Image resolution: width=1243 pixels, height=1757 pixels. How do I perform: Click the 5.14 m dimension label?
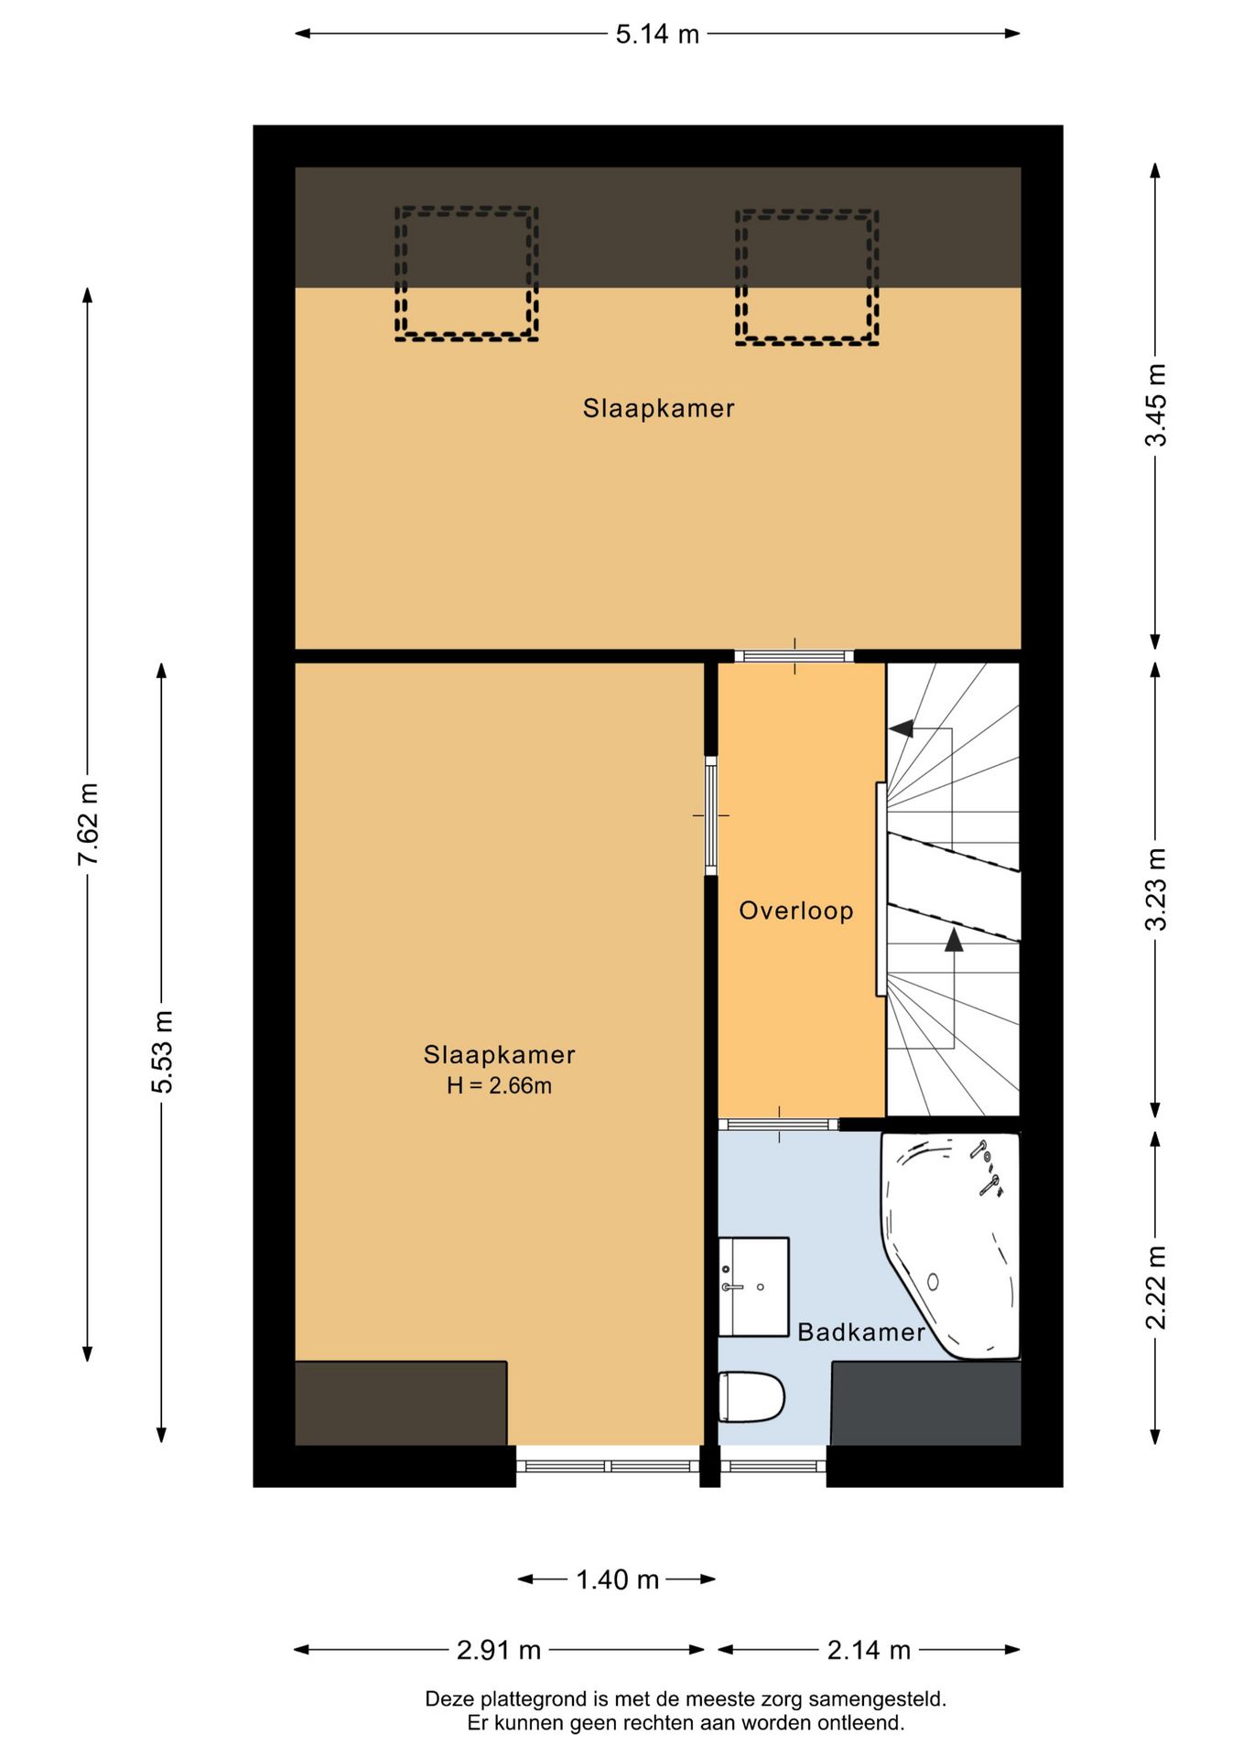[657, 35]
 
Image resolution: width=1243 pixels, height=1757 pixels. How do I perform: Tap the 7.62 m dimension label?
[89, 824]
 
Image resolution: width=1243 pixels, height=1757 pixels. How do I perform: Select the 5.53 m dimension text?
[162, 1051]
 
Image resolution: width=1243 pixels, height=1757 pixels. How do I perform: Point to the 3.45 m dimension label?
[1156, 404]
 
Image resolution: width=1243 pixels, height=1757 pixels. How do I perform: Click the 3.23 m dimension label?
[1156, 889]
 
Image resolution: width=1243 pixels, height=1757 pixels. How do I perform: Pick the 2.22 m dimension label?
[1156, 1287]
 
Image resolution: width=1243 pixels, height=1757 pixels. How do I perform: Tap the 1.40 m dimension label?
[618, 1579]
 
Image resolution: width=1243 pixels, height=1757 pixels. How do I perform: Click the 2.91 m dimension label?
[499, 1650]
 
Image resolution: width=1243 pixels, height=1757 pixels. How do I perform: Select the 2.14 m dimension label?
[869, 1650]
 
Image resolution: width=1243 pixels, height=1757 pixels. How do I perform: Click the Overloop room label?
[796, 911]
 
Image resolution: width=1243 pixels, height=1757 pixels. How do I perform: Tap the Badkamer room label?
[861, 1331]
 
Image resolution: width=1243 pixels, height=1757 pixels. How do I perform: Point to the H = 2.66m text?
[499, 1086]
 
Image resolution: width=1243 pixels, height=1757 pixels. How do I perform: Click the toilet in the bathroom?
[751, 1396]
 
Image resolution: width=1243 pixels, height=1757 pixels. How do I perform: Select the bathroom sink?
[753, 1287]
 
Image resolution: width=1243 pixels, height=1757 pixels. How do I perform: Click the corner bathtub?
[950, 1245]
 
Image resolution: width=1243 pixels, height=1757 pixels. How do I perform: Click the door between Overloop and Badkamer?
[779, 1125]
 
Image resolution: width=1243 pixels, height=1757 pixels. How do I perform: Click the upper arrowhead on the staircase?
[902, 728]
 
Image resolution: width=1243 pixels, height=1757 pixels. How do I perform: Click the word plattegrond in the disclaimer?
[535, 1699]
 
